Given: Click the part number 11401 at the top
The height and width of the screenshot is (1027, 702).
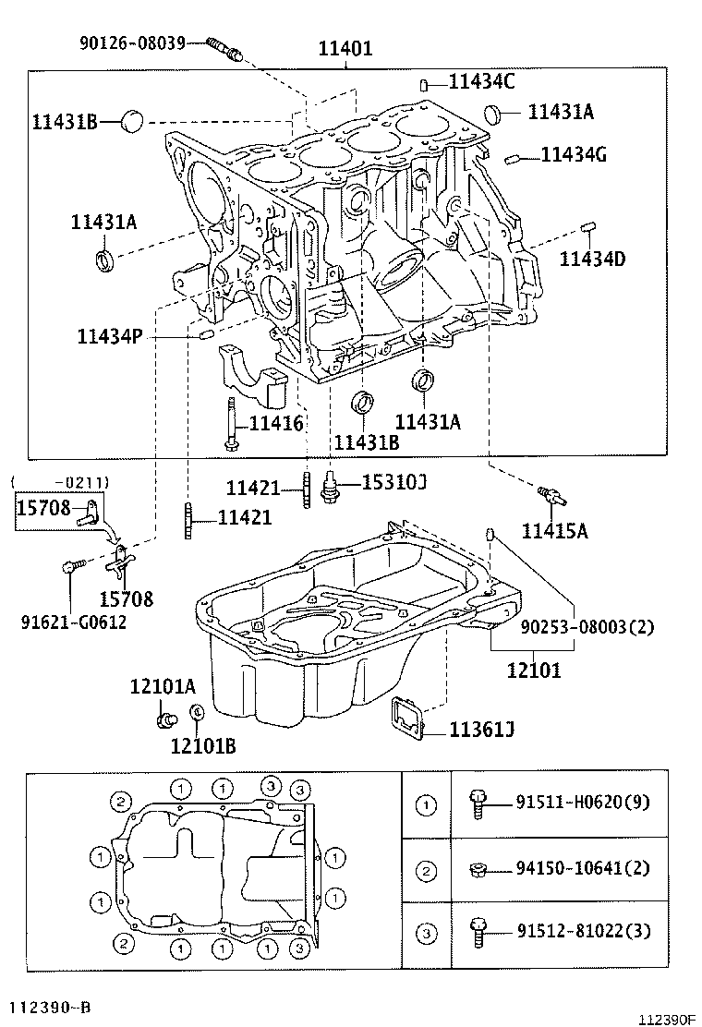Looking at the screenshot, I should tap(345, 48).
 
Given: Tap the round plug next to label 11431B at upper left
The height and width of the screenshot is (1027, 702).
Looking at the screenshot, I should tap(135, 120).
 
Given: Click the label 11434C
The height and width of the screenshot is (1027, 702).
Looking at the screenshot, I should tap(481, 81).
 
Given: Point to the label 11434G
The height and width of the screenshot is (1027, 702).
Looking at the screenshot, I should tap(574, 154).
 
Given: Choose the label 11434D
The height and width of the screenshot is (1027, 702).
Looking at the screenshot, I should tap(592, 259).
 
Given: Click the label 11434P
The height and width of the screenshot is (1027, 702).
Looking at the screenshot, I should tap(110, 337).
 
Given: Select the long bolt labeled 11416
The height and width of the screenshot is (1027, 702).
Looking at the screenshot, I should tap(228, 424).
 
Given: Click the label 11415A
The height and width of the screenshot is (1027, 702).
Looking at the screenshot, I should tap(555, 530).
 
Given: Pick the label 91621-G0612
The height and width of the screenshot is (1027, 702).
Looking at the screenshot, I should tap(73, 622).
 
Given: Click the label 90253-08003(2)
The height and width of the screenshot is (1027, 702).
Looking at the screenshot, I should tap(587, 627).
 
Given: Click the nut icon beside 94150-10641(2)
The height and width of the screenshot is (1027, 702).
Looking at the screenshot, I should tap(478, 868).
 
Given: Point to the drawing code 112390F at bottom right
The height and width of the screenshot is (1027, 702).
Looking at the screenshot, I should tap(665, 1019).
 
